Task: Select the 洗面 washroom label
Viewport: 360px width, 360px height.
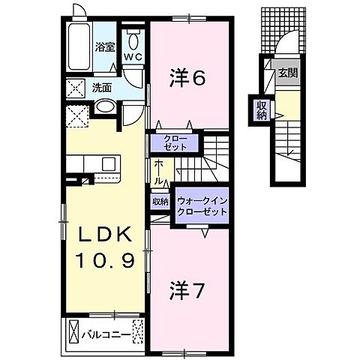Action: click(103, 88)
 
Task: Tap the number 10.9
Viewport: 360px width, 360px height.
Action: click(105, 261)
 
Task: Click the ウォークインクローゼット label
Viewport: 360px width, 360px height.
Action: click(202, 207)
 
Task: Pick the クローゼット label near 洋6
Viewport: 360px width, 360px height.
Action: click(173, 142)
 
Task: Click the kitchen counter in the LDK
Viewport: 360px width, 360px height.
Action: click(94, 163)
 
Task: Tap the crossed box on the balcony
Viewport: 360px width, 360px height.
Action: click(75, 331)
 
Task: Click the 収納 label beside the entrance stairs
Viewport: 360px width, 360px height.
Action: click(260, 110)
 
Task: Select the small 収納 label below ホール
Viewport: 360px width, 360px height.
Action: click(160, 202)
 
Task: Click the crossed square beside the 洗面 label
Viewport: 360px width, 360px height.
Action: click(76, 87)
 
